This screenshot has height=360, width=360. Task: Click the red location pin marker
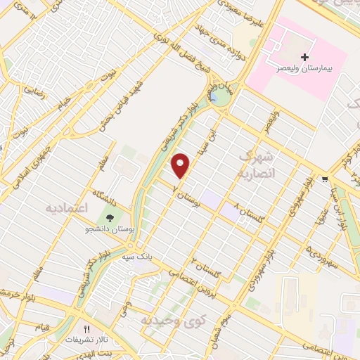[x=181, y=165]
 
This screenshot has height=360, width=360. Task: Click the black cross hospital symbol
[x=304, y=56]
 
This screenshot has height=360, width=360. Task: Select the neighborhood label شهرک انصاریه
[x=255, y=163]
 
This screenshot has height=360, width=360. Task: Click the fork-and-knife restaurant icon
[x=88, y=328]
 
